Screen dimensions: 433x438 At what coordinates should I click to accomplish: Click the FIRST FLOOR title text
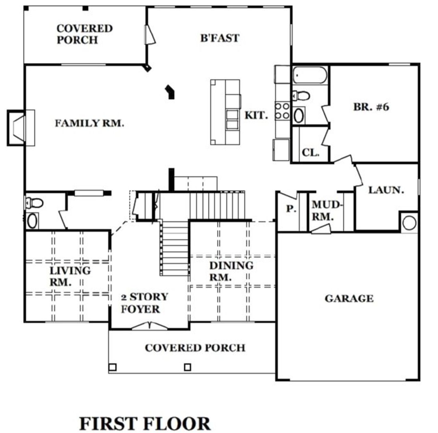[145, 424]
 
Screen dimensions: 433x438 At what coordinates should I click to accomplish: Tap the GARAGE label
[349, 298]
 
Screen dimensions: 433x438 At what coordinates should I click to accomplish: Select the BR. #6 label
[371, 107]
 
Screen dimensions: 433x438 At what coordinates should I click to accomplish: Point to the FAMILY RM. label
[89, 123]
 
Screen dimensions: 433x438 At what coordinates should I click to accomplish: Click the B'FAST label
[220, 38]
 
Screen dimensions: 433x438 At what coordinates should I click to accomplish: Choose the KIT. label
[256, 115]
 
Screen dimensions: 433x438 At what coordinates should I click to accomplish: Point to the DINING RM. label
[231, 271]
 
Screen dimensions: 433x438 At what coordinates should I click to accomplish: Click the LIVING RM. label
[70, 276]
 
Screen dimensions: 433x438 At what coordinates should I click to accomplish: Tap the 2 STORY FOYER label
[144, 303]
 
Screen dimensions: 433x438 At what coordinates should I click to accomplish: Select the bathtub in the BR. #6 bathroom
[310, 75]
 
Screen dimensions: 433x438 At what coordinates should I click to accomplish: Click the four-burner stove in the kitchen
[282, 111]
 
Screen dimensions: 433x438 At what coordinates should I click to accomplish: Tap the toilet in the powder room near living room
[34, 203]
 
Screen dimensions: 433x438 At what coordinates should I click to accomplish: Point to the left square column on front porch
[113, 367]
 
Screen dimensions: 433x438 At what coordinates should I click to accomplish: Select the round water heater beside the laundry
[409, 223]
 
